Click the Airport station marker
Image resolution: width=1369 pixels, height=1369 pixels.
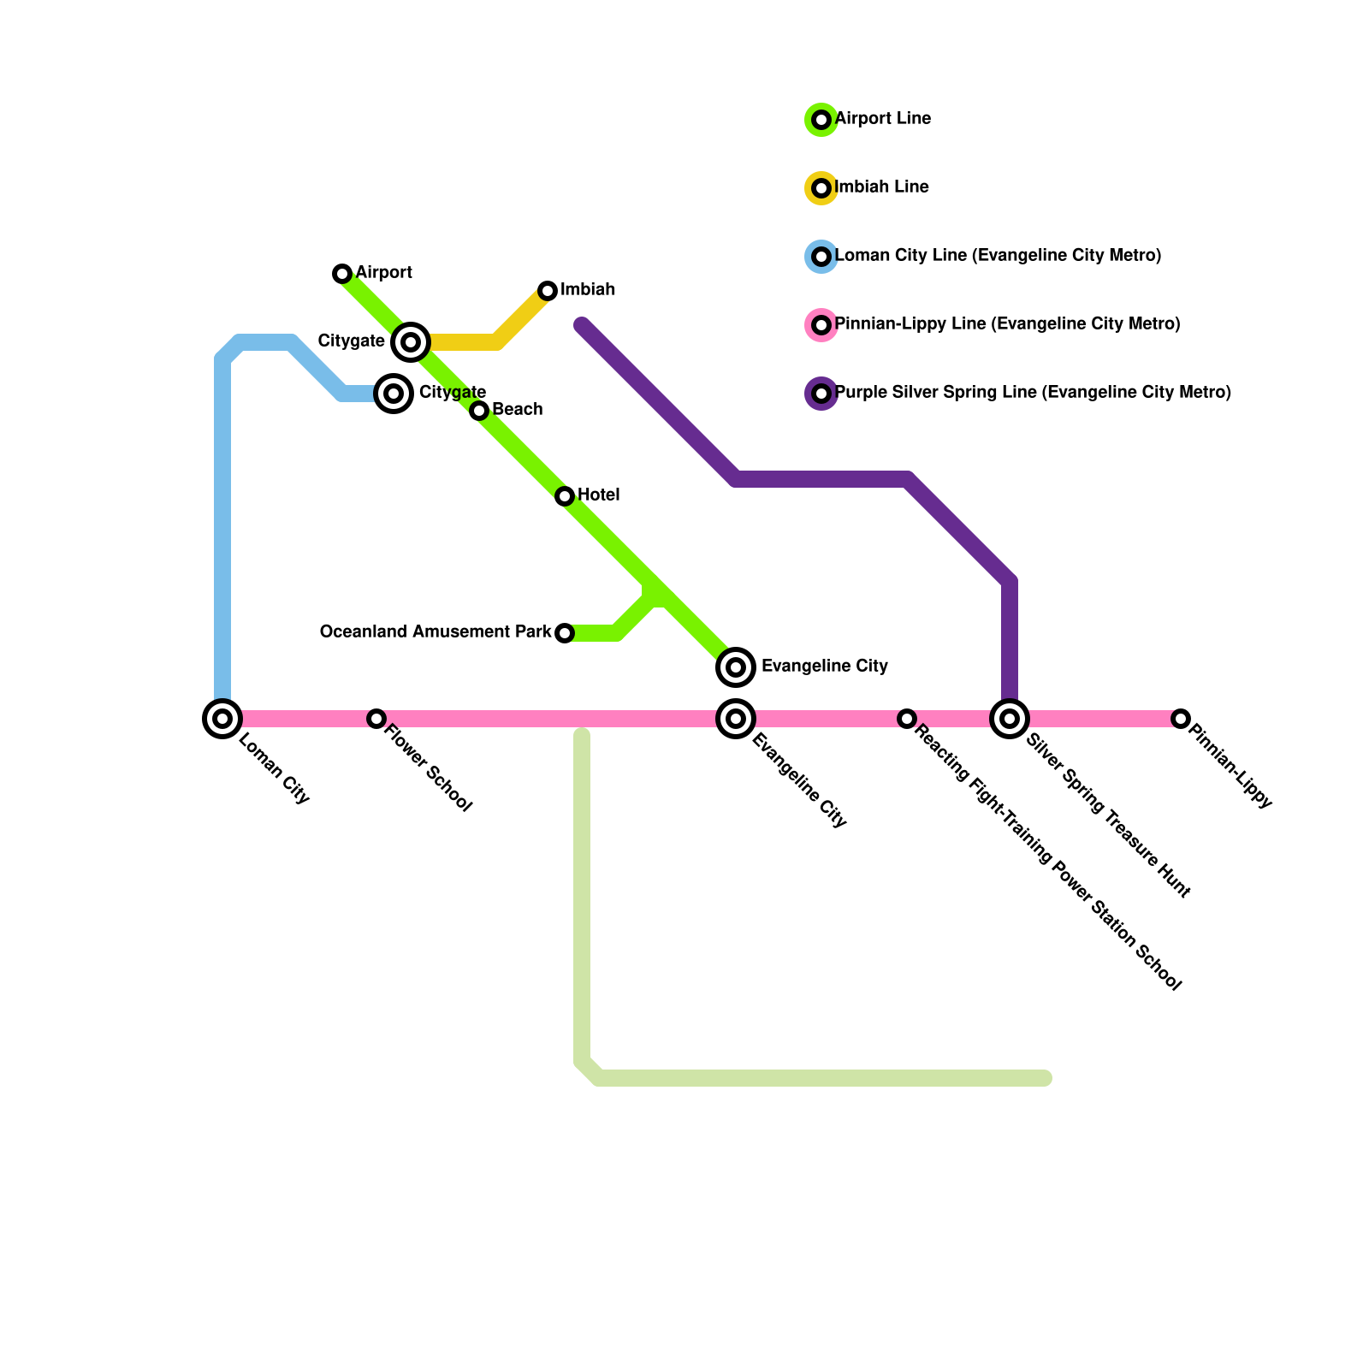(x=342, y=274)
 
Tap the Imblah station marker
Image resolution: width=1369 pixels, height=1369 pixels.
(x=548, y=291)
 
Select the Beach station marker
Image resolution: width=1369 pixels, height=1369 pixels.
(x=479, y=411)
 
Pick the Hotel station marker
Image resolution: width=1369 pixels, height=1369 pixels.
(x=565, y=496)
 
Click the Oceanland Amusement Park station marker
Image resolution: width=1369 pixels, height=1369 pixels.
(x=565, y=633)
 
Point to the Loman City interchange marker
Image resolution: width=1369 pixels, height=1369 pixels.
(x=222, y=719)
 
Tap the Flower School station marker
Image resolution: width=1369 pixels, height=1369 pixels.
(x=376, y=719)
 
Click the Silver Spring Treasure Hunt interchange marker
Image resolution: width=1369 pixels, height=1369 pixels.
(x=1010, y=719)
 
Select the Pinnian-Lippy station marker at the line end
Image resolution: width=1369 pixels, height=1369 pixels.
(x=1181, y=719)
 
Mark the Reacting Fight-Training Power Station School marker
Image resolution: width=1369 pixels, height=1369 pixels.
(x=907, y=719)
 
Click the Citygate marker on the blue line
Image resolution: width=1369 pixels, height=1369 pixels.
(x=394, y=394)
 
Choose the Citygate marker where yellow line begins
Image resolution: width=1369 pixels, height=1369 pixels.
(x=411, y=342)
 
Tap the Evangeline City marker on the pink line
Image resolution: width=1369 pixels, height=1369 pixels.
(x=736, y=719)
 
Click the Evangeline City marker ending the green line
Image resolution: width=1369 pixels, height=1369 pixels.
(x=736, y=667)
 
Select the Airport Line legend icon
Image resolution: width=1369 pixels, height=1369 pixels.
(x=821, y=120)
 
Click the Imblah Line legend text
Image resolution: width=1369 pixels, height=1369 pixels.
(x=881, y=187)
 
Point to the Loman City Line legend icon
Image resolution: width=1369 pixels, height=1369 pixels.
(x=821, y=257)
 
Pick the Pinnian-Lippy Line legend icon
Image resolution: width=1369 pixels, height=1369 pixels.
(x=821, y=325)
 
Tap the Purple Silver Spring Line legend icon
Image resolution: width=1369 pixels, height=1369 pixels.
(x=821, y=394)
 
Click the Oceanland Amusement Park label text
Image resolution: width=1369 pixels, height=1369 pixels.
(x=436, y=632)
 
